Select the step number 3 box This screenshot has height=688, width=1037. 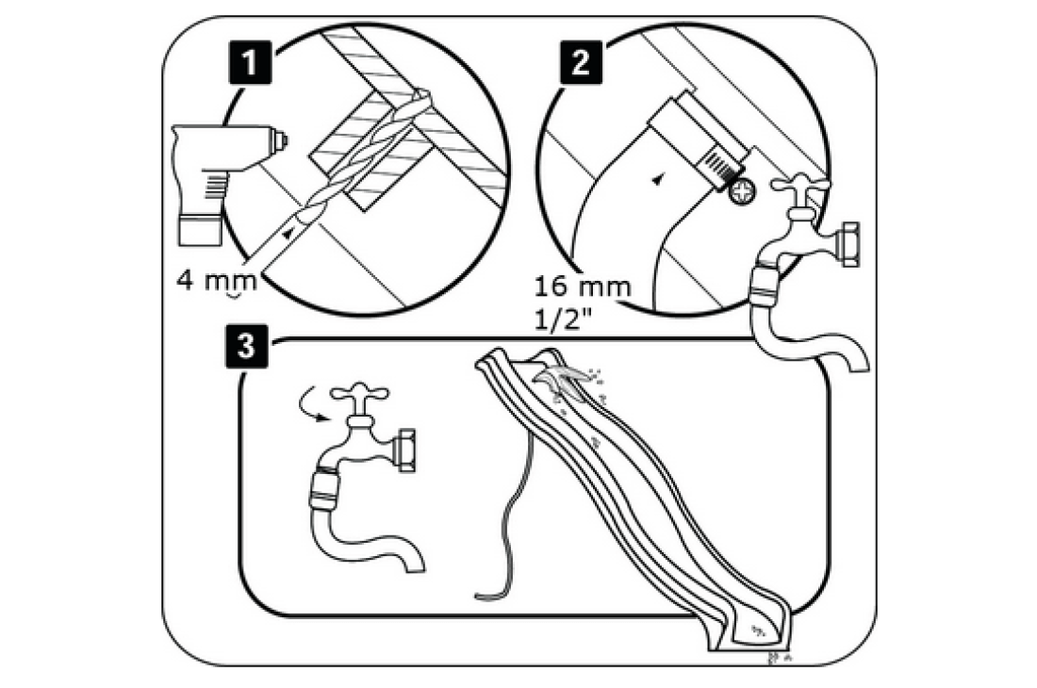click(247, 346)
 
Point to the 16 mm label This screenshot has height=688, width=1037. click(581, 286)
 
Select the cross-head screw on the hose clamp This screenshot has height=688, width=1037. click(740, 191)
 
